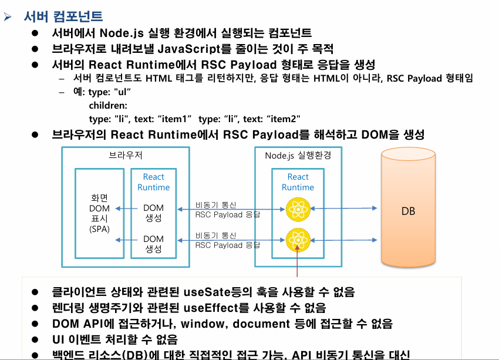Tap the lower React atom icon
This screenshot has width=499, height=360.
[x=297, y=238]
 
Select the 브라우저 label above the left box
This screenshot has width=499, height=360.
[x=126, y=156]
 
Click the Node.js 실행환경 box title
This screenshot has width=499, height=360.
[x=298, y=156]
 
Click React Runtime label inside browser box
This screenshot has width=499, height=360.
[x=154, y=182]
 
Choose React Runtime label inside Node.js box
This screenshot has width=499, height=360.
[x=298, y=182]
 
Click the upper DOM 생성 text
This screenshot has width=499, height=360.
[x=154, y=213]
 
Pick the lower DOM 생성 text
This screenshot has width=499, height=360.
[x=154, y=244]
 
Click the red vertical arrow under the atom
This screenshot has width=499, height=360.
[x=298, y=262]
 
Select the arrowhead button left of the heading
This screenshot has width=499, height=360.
[x=8, y=17]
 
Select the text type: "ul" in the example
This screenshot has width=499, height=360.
[x=109, y=92]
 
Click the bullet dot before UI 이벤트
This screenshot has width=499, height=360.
[x=35, y=339]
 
